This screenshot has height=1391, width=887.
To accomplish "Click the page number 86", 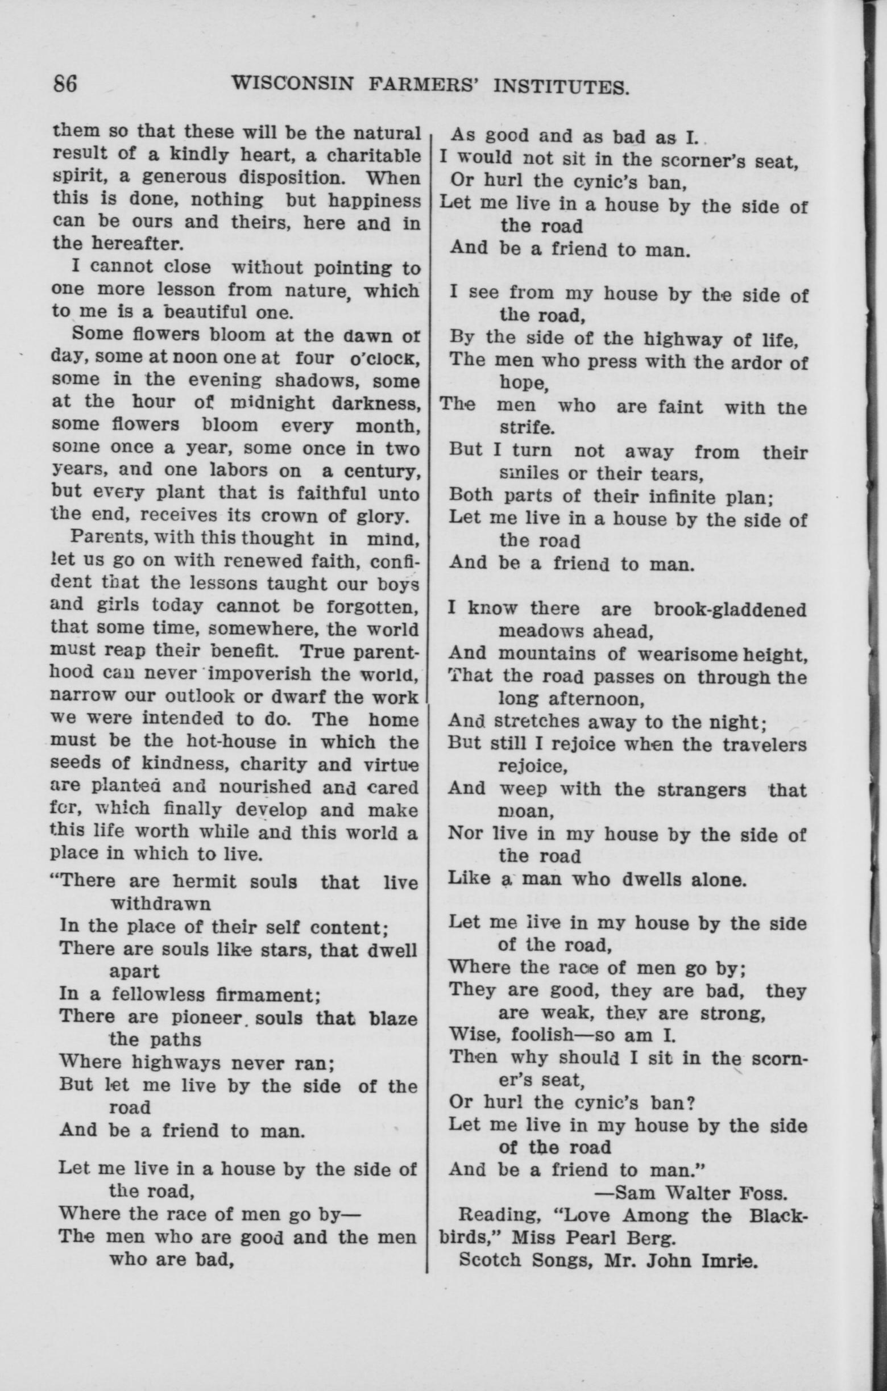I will tap(65, 84).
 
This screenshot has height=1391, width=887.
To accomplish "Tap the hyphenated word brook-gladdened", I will tap(730, 610).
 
